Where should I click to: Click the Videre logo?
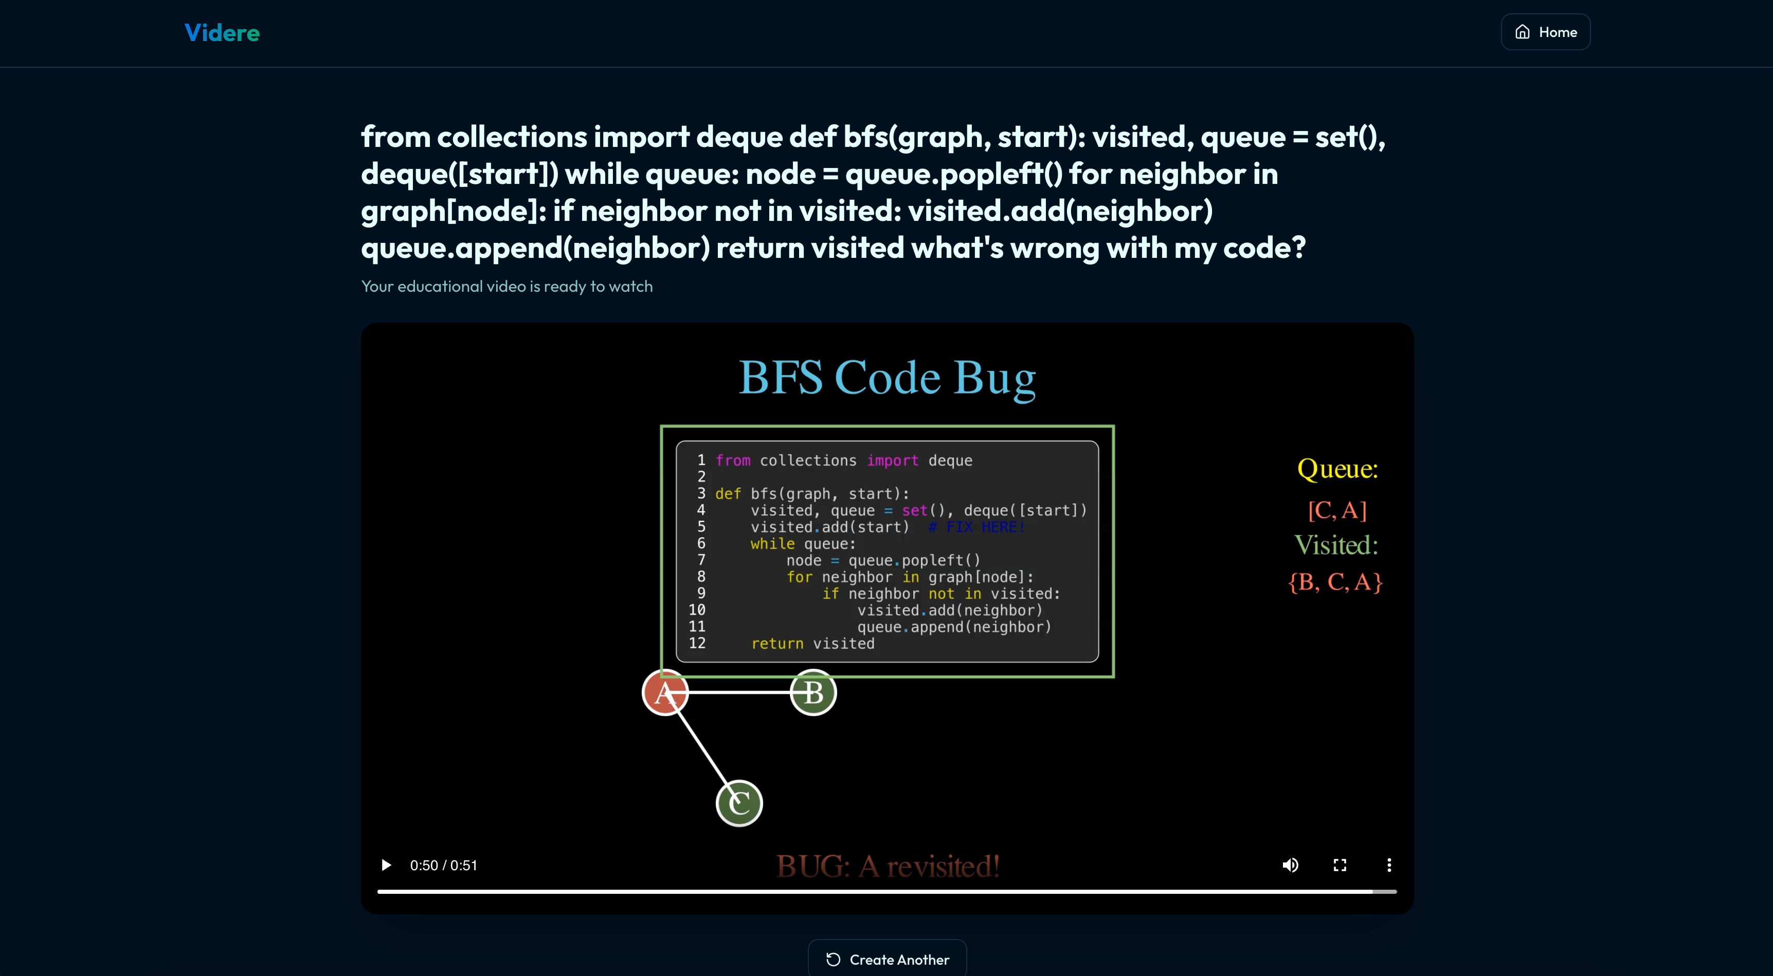point(222,32)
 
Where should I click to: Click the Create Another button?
point(887,959)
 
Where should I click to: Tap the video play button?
point(386,865)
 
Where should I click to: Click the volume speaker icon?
point(1290,865)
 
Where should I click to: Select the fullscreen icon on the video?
point(1340,865)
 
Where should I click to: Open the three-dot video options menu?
point(1389,865)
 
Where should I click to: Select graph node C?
point(739,803)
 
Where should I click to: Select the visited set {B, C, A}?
point(1335,582)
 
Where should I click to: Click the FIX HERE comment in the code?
point(978,527)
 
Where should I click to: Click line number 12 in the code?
point(697,643)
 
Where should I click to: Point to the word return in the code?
point(777,644)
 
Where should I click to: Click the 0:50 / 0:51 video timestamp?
point(443,865)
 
